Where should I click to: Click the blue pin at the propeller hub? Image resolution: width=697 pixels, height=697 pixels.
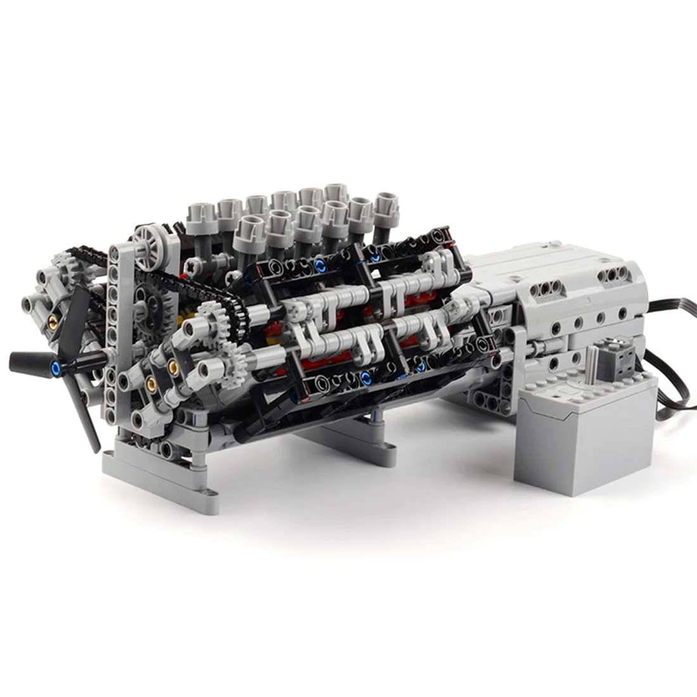click(x=58, y=368)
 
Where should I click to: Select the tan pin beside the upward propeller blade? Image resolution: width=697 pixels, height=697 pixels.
click(x=56, y=315)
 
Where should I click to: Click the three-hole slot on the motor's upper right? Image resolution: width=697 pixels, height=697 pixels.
click(x=611, y=274)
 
